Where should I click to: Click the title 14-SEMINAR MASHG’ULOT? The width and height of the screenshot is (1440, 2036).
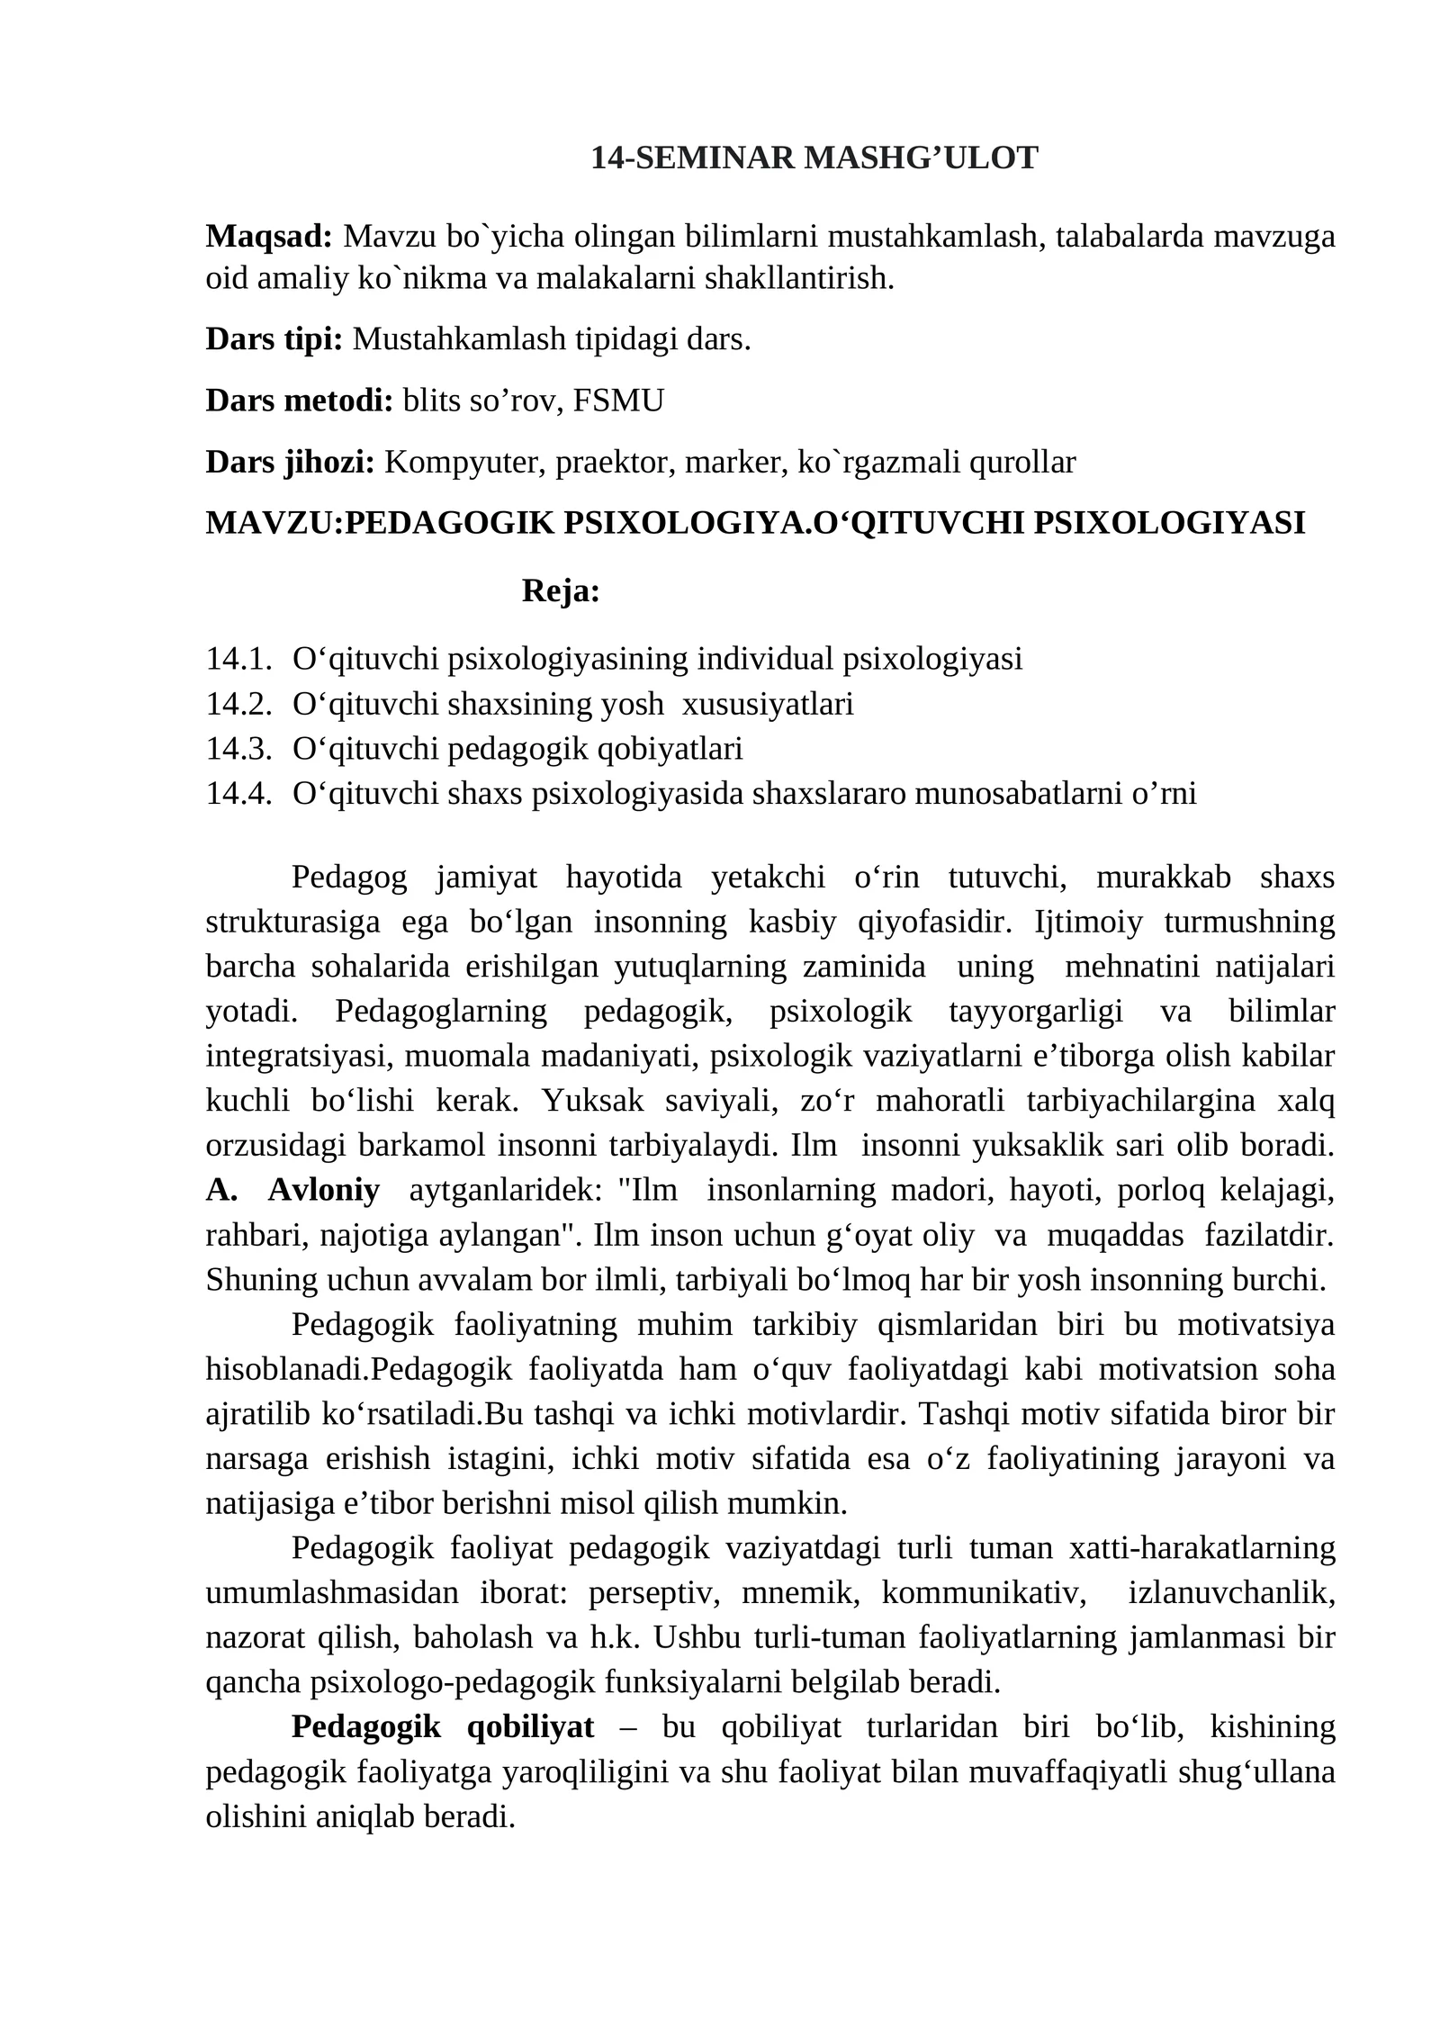point(814,158)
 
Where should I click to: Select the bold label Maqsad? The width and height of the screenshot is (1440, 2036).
point(269,237)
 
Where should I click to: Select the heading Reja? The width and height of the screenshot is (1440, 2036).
point(561,591)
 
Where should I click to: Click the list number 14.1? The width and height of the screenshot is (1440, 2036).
point(238,659)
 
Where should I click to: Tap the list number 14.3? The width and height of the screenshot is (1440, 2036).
point(238,748)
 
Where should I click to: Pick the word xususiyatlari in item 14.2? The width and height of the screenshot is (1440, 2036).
point(768,704)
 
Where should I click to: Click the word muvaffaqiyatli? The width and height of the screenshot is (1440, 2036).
point(1063,1771)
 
